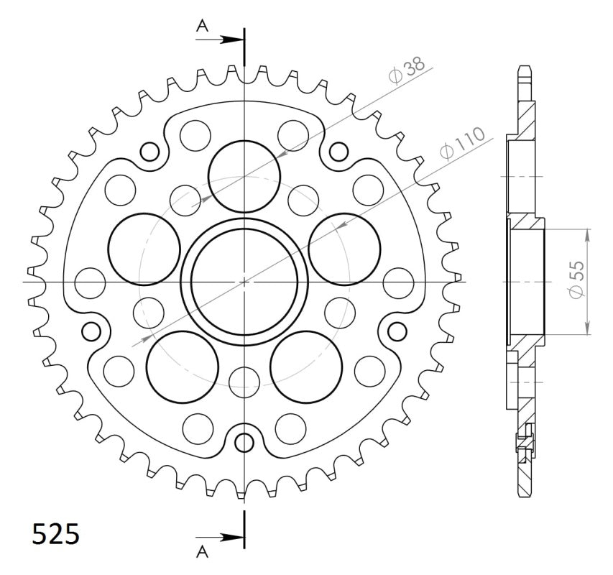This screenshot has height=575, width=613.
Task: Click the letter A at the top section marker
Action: pyautogui.click(x=203, y=26)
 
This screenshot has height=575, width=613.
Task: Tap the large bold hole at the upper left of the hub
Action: pyautogui.click(x=144, y=249)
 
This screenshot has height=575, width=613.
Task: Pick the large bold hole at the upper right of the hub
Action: pyautogui.click(x=344, y=249)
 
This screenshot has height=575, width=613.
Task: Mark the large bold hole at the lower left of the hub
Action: pyautogui.click(x=182, y=367)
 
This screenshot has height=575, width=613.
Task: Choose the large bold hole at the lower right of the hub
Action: pyautogui.click(x=306, y=367)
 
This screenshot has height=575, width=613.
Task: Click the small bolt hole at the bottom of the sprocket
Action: pyautogui.click(x=244, y=441)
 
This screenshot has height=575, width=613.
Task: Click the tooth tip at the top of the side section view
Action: pyautogui.click(x=525, y=70)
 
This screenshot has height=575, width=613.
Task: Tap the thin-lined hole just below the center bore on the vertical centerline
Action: pyautogui.click(x=244, y=380)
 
